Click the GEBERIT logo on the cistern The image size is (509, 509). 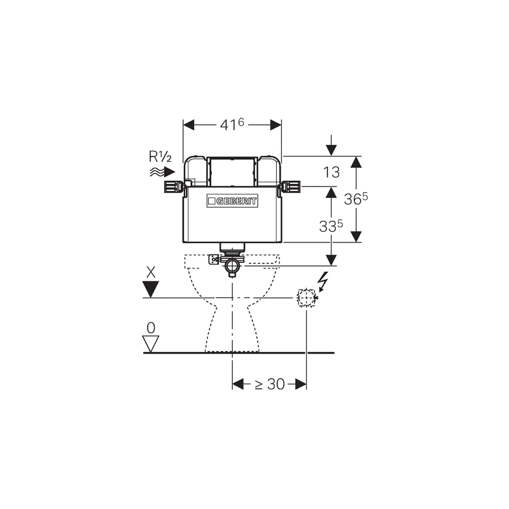click(x=232, y=201)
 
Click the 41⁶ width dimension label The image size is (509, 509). click(x=232, y=125)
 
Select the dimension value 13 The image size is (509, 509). click(x=331, y=171)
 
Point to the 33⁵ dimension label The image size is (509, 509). click(x=330, y=225)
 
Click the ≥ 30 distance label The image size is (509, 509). click(x=270, y=384)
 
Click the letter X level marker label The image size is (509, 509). click(x=151, y=272)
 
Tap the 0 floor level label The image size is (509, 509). click(x=151, y=328)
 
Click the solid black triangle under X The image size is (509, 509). click(x=151, y=289)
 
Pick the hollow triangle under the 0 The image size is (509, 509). click(x=151, y=344)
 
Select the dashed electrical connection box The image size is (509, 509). click(x=307, y=297)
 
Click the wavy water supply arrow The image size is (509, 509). click(x=162, y=172)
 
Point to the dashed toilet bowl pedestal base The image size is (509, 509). click(x=232, y=331)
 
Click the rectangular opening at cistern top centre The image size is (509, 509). click(x=232, y=172)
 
